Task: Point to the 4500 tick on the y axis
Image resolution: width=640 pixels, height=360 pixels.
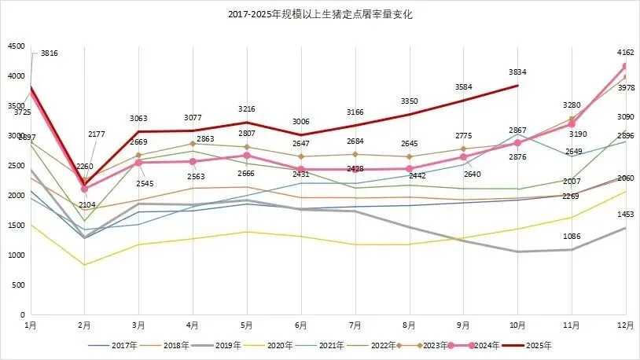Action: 16,46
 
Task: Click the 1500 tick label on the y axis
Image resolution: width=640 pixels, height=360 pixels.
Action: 16,226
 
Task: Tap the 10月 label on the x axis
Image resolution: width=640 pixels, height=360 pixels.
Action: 517,325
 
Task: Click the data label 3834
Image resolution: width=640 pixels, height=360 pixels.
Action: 517,72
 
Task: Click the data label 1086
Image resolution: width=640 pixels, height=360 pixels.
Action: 572,236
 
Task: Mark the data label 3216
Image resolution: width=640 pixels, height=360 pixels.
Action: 246,108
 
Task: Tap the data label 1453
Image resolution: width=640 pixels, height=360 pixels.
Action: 626,214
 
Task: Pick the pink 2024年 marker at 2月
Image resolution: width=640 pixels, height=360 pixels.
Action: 84,189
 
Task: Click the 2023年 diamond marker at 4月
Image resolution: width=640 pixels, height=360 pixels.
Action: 192,144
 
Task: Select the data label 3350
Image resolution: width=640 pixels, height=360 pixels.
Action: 409,101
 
